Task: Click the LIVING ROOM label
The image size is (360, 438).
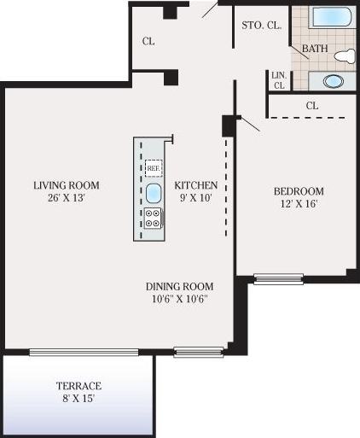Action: tap(67, 185)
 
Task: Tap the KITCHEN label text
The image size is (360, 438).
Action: tap(196, 185)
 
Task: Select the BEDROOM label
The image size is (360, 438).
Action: tap(299, 191)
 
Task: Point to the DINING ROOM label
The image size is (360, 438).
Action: tap(179, 287)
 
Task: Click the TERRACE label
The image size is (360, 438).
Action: tap(78, 386)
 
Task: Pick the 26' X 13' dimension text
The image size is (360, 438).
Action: tap(67, 197)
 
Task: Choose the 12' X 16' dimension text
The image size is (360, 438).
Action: tap(299, 204)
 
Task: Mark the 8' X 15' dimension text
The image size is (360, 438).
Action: tap(78, 398)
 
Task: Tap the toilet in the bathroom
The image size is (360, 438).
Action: tap(344, 56)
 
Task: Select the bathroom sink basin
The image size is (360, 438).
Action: tap(334, 81)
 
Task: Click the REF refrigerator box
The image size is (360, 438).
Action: tap(154, 168)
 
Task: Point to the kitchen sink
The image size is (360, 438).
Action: tap(154, 192)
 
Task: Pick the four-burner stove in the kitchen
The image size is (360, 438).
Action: tap(154, 218)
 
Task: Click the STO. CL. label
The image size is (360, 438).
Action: tap(262, 25)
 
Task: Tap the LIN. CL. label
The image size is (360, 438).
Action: tap(278, 79)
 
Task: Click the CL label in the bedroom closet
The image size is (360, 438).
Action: tap(311, 106)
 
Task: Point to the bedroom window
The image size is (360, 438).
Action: tap(278, 278)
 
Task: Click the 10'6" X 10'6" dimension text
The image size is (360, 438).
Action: tap(179, 299)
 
